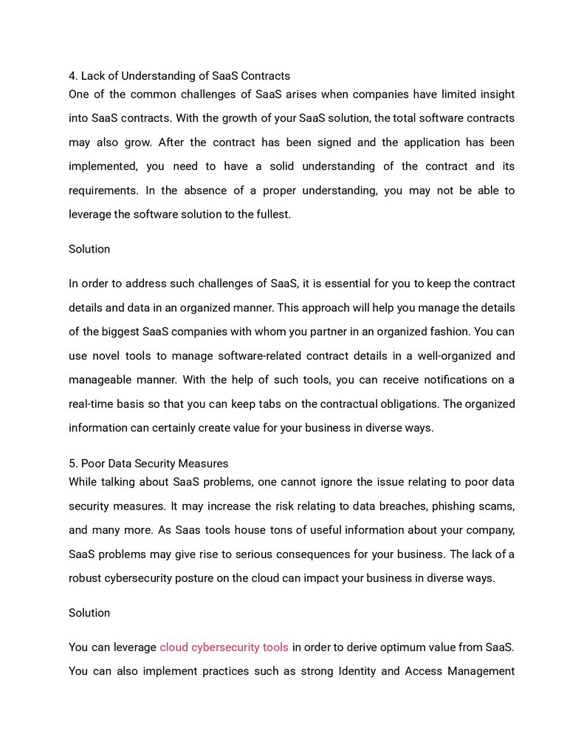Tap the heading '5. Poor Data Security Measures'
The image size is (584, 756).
click(x=148, y=464)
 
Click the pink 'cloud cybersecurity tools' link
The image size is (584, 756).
click(x=224, y=647)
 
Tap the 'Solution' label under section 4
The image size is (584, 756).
click(x=89, y=250)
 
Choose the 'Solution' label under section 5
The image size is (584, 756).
click(x=89, y=614)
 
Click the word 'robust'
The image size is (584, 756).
click(x=86, y=578)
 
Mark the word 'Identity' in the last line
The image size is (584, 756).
click(x=360, y=672)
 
